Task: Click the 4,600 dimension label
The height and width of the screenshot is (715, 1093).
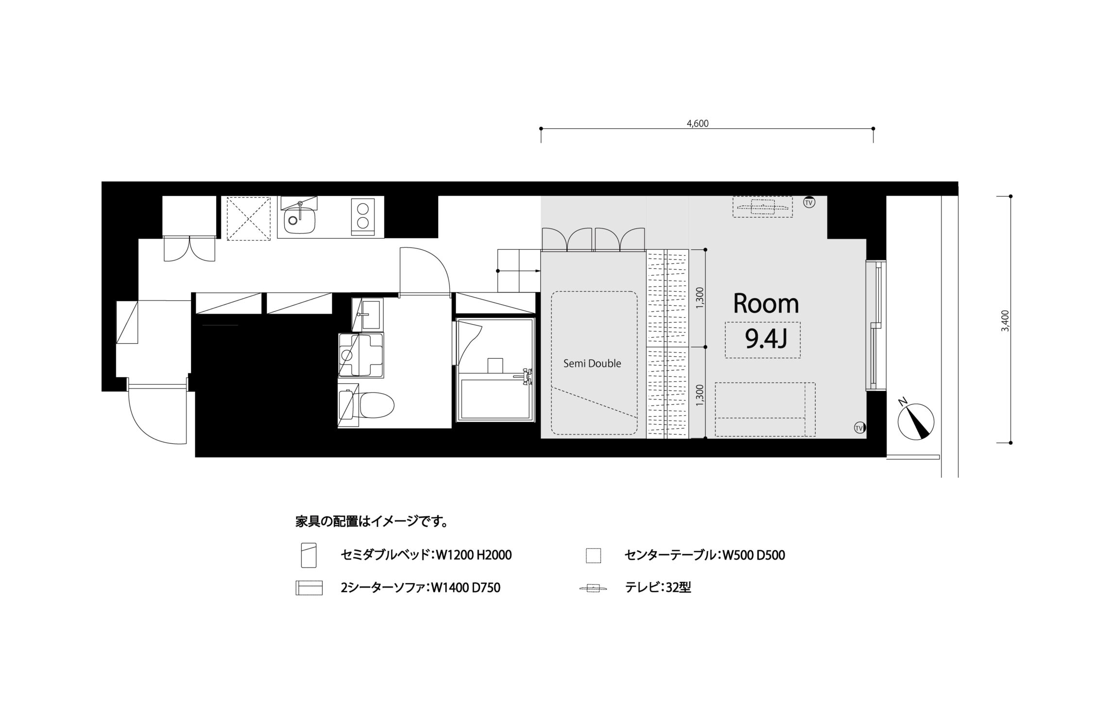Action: (x=698, y=123)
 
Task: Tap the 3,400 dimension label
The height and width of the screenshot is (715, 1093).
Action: (x=1005, y=321)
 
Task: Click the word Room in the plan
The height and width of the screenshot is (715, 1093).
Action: (x=766, y=304)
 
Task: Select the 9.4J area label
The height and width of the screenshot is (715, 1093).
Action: (x=766, y=340)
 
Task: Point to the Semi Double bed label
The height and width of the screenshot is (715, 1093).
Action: (x=592, y=363)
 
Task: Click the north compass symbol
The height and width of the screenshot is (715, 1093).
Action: (x=916, y=421)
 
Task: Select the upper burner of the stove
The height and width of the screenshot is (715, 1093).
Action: (x=362, y=209)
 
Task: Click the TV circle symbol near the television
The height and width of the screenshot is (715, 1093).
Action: (x=809, y=202)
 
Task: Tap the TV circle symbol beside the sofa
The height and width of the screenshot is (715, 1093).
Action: (x=859, y=428)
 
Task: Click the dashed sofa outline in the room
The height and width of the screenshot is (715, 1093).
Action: (x=765, y=409)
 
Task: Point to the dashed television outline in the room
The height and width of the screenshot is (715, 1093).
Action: (x=762, y=207)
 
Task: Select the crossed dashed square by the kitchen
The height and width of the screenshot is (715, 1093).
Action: (x=249, y=218)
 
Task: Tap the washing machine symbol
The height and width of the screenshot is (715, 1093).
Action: (x=361, y=355)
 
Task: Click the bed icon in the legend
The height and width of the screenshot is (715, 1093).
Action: (x=308, y=555)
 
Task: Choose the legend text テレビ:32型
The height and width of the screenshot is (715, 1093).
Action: (x=658, y=588)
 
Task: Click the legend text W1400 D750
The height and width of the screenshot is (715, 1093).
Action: (x=466, y=588)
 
